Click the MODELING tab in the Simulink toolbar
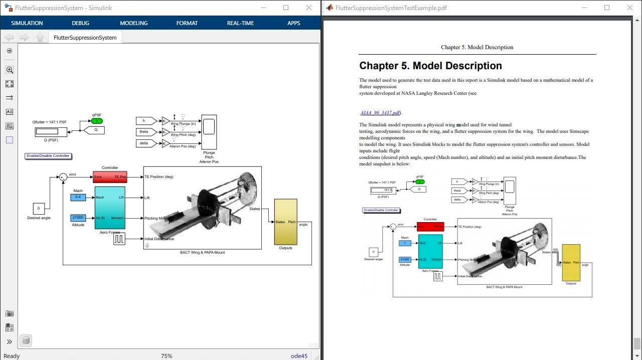pos(134,23)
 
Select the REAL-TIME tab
pos(240,23)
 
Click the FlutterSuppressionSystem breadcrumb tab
pos(85,38)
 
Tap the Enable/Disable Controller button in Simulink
pos(48,156)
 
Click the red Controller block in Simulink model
pos(110,177)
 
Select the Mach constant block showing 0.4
pos(78,198)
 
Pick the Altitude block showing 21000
pos(78,218)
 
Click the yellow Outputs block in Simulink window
pos(285,222)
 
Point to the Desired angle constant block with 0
pos(39,209)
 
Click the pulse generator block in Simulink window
pos(119,239)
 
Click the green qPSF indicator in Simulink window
pos(96,121)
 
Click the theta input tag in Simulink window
pos(146,132)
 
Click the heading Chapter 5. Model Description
pos(430,66)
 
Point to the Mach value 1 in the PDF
pos(405,243)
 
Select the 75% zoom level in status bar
pos(166,356)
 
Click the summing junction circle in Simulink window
pos(63,177)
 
